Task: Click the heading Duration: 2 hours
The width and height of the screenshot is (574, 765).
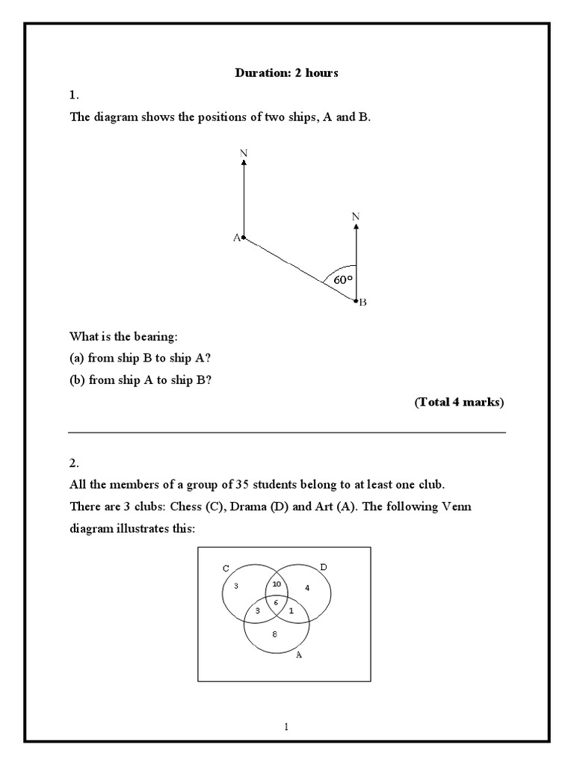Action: click(287, 73)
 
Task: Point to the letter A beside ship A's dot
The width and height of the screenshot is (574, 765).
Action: click(236, 238)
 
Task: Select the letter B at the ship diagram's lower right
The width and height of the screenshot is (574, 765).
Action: click(363, 303)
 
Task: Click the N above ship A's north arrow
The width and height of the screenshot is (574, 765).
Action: click(244, 153)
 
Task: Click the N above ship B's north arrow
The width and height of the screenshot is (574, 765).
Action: click(356, 217)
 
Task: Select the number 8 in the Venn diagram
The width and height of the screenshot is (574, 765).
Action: click(275, 634)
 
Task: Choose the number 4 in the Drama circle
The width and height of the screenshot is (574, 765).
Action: click(307, 588)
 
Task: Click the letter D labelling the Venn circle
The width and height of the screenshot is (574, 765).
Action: click(323, 568)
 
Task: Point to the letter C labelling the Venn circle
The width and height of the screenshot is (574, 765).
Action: click(226, 569)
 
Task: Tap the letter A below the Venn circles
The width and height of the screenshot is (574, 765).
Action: click(299, 654)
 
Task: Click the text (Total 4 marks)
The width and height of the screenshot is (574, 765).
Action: click(459, 403)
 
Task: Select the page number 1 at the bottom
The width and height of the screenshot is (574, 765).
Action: click(287, 727)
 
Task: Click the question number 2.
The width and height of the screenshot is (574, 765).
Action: click(73, 462)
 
